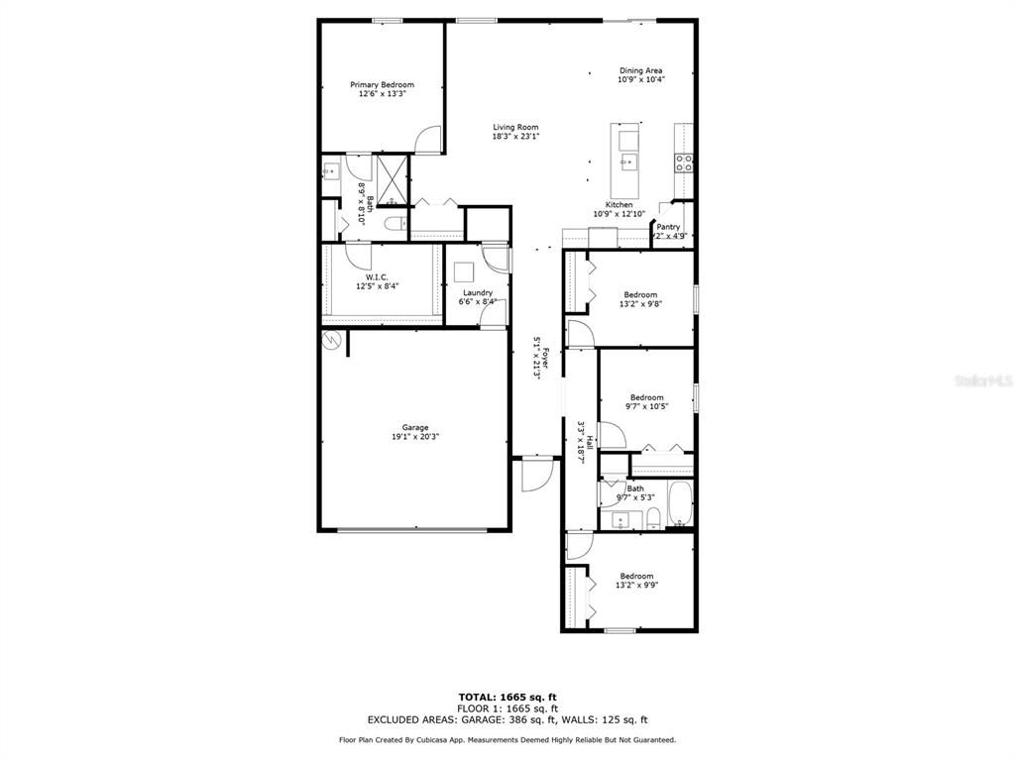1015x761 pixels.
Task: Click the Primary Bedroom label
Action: [382, 85]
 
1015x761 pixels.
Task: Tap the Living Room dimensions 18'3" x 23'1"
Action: [515, 137]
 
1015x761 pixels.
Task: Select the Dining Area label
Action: [640, 70]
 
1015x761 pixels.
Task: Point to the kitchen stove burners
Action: [684, 163]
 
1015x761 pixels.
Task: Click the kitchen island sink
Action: [627, 161]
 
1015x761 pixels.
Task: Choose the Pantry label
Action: [668, 227]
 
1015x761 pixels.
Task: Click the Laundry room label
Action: [478, 292]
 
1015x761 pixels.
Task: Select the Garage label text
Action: [414, 427]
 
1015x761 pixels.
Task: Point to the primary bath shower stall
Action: [393, 178]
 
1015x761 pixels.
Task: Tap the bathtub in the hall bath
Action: [680, 503]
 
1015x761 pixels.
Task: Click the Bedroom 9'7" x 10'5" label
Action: [646, 397]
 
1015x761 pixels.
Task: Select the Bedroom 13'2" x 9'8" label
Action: [640, 294]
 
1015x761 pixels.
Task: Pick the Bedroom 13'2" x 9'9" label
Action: [636, 576]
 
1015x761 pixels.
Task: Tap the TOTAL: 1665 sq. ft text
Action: [513, 697]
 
